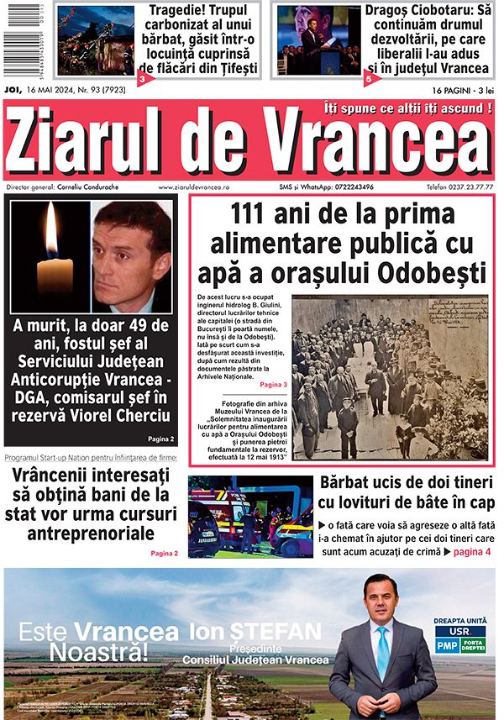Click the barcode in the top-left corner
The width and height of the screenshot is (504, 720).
(x=25, y=40)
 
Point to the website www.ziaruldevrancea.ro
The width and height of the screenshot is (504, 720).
(x=196, y=187)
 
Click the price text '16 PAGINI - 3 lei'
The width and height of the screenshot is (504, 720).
(x=462, y=89)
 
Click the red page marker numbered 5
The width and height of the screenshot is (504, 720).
(x=369, y=79)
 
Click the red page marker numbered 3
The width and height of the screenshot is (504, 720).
(x=143, y=79)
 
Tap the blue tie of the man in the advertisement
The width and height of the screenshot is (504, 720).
(x=382, y=653)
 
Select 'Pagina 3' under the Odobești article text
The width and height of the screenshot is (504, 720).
(x=274, y=384)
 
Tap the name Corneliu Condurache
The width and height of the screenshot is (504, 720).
(x=90, y=187)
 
